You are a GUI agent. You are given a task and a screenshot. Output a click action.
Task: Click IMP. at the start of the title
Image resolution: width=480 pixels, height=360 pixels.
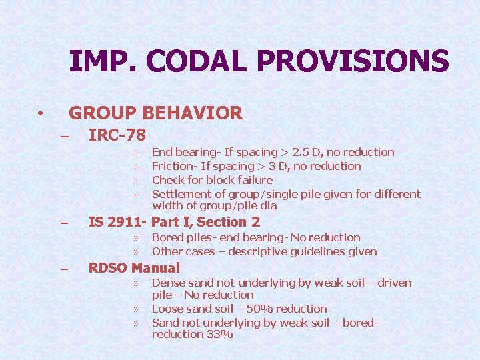click(x=102, y=61)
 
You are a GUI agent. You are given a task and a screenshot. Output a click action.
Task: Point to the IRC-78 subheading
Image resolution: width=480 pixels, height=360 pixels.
click(x=117, y=135)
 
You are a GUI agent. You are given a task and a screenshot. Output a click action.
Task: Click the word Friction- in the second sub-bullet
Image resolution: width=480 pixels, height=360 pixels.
click(x=175, y=166)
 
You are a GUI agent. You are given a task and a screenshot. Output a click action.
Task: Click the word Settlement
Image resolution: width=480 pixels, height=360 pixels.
click(x=181, y=194)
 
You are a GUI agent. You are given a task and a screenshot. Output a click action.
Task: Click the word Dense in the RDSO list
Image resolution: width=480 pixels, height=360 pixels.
click(x=168, y=283)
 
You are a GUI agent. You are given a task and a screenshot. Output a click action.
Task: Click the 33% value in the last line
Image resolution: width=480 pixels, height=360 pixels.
click(x=219, y=334)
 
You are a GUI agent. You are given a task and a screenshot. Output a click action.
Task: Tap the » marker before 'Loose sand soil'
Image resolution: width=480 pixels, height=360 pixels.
click(x=135, y=309)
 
